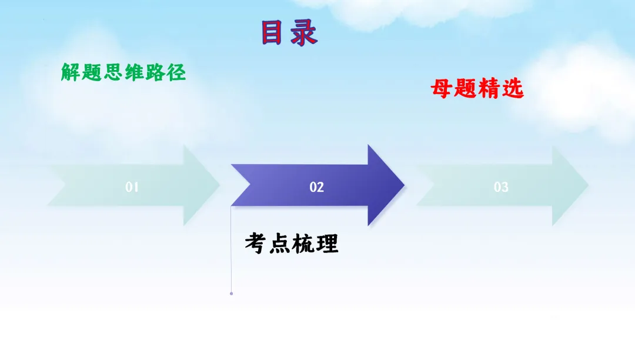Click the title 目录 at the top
coord(289,33)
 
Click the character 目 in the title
coord(272,33)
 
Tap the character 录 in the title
coord(305,34)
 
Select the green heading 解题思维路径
coord(123,72)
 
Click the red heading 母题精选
coord(477,89)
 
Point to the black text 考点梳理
coord(292,243)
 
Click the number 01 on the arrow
coord(132,187)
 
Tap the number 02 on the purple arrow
coord(317,187)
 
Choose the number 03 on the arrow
coord(501,187)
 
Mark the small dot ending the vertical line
coord(232,293)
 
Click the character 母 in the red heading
coord(441,89)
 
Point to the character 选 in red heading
coord(513,89)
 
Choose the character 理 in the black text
coord(327,243)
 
